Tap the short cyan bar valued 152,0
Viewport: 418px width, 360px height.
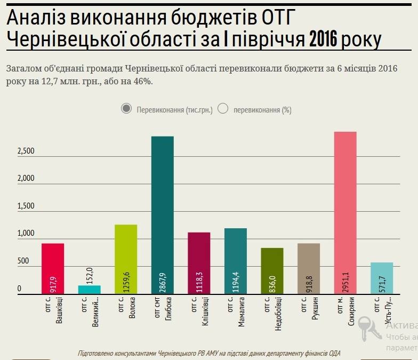point(90,290)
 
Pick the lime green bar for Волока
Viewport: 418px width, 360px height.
point(126,259)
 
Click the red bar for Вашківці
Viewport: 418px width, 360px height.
point(53,268)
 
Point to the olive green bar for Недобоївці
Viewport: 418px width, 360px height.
point(272,271)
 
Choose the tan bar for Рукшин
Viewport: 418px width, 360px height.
point(309,268)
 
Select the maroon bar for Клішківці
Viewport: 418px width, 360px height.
point(199,263)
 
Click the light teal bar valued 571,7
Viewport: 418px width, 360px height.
point(382,278)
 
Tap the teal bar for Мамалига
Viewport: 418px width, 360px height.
point(236,261)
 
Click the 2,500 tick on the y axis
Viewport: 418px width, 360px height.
point(26,151)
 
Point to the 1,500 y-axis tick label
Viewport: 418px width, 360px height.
point(26,206)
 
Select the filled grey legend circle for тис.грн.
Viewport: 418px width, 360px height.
point(126,109)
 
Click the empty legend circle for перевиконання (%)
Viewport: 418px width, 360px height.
point(223,109)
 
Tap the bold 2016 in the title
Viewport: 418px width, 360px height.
point(324,39)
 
